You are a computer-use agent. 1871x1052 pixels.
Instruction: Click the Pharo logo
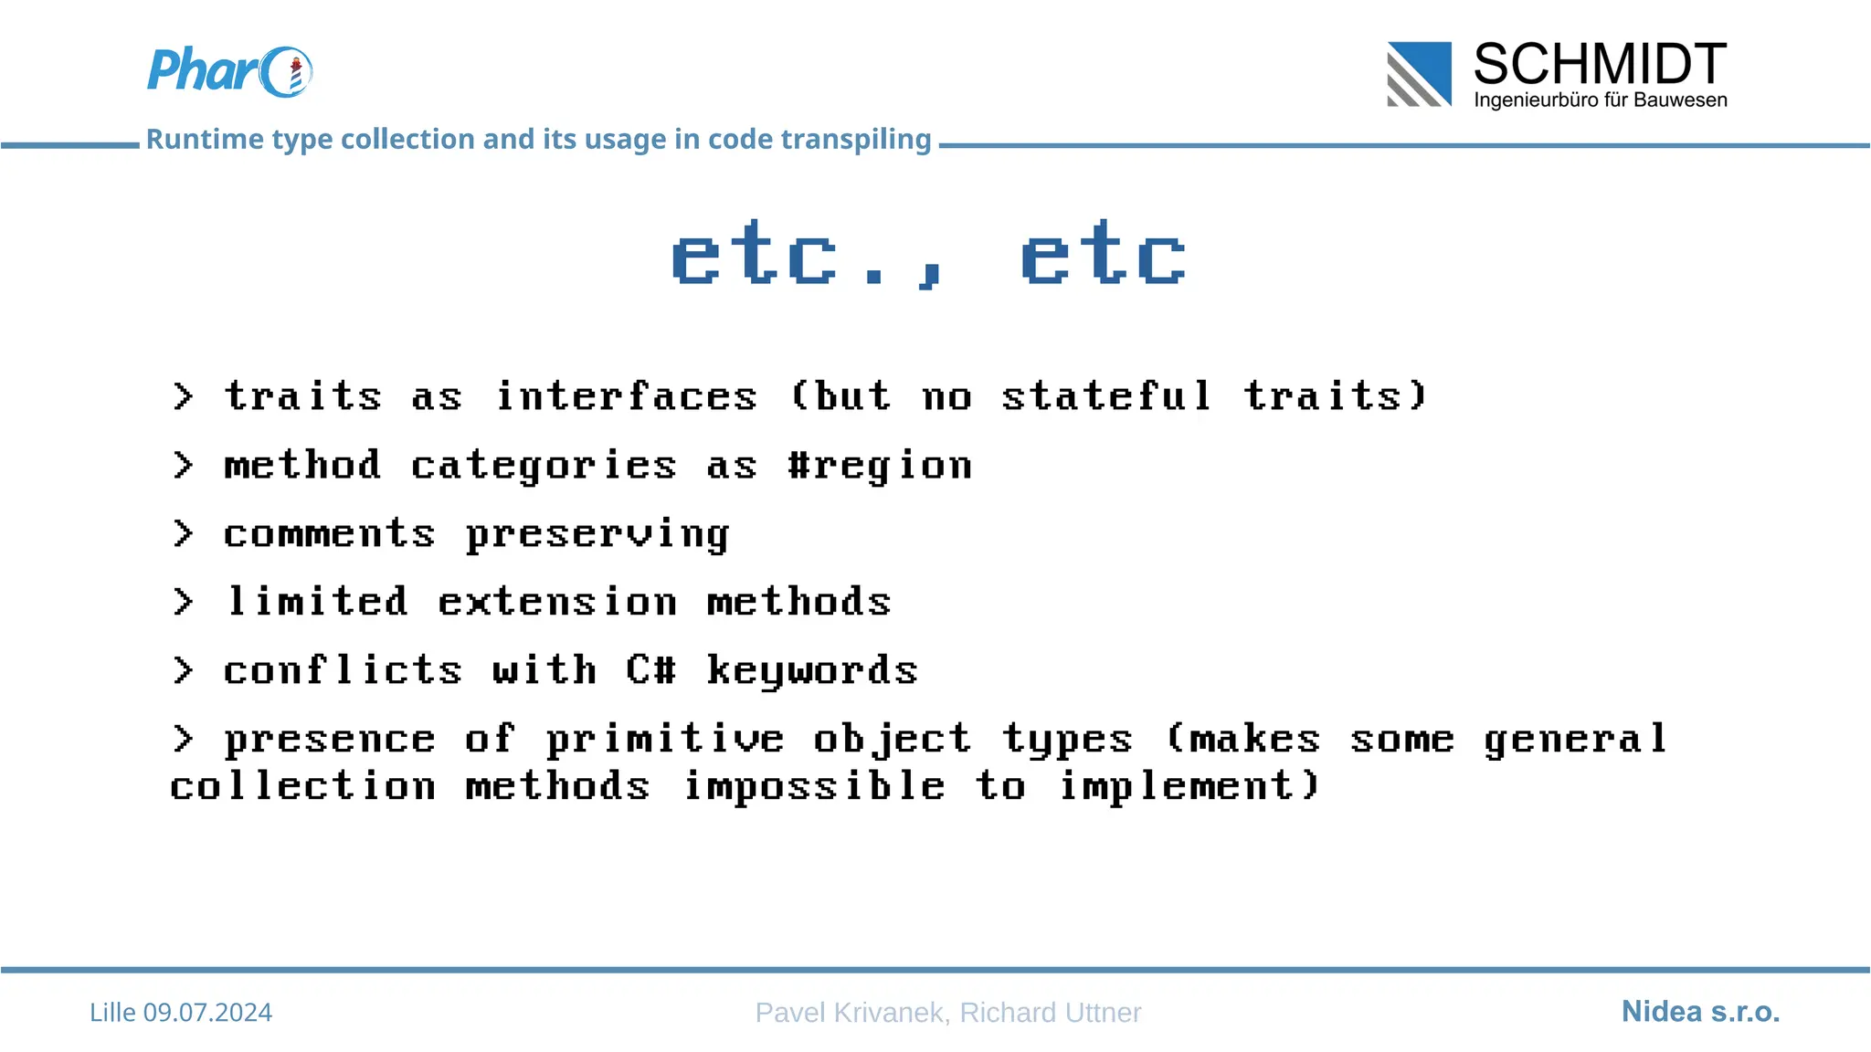(229, 71)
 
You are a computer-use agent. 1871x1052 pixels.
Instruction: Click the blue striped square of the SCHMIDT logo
(1419, 74)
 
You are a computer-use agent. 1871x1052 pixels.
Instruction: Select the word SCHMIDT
(1600, 64)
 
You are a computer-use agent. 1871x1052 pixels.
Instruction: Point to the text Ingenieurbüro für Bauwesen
(1600, 100)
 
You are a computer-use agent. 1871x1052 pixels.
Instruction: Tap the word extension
(557, 603)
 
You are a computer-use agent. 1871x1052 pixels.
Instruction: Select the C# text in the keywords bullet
(650, 671)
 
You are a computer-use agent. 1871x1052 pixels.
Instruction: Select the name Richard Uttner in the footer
(1051, 1013)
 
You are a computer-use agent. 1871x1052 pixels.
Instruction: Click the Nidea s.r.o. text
(1700, 1012)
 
